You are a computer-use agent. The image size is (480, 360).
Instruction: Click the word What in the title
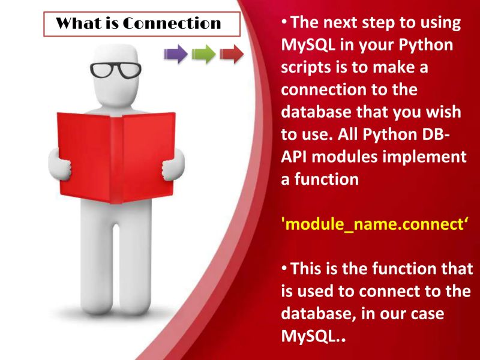click(x=75, y=23)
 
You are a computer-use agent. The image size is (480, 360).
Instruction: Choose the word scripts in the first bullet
click(x=312, y=67)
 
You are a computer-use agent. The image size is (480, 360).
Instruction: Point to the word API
click(x=297, y=157)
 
